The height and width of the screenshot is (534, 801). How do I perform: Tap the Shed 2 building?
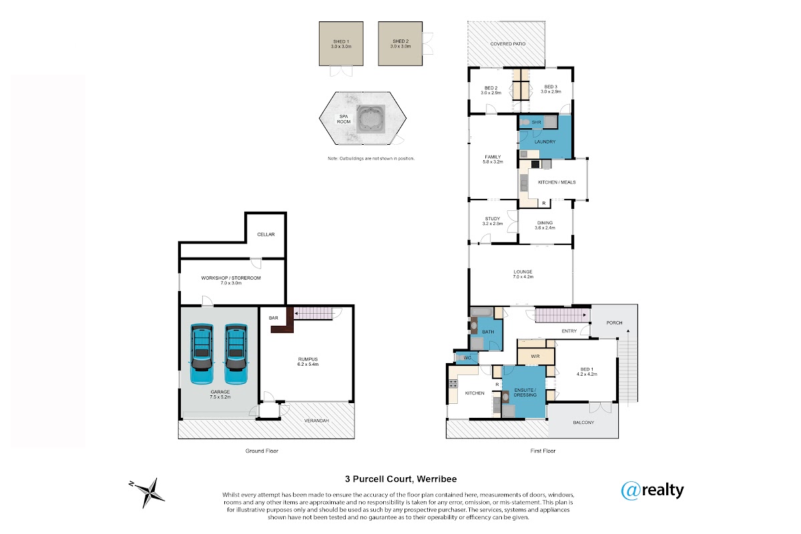pos(400,43)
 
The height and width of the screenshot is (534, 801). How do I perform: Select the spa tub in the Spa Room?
pos(371,119)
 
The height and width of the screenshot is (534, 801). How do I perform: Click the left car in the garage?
pos(202,354)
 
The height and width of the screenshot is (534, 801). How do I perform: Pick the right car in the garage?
pos(236,354)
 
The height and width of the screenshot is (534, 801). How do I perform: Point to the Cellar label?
pos(266,234)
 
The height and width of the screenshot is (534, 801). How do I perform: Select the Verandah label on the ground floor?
pos(316,421)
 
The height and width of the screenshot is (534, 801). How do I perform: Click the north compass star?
pos(148,493)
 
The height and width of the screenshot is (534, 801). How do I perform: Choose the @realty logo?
pos(652,491)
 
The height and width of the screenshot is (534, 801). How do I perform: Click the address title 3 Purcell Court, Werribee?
pos(401,479)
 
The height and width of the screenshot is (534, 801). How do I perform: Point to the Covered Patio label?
pos(508,44)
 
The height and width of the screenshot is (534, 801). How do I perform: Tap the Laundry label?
pos(545,142)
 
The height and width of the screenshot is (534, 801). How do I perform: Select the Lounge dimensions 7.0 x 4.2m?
pos(523,277)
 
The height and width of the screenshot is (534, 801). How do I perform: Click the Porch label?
pos(614,322)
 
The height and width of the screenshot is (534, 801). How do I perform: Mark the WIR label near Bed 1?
pos(535,356)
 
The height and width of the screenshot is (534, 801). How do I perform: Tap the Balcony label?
pos(583,423)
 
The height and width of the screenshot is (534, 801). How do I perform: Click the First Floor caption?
pos(543,451)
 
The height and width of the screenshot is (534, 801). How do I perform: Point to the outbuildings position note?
pos(371,158)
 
